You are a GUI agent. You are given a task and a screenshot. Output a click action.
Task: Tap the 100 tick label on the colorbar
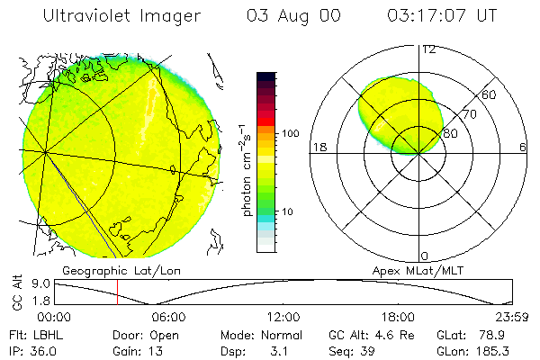click(290, 133)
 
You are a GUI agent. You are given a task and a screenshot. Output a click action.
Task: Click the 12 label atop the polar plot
click(429, 49)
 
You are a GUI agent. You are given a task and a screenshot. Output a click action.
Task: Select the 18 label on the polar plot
click(319, 148)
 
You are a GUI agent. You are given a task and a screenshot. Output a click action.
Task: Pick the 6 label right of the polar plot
click(523, 148)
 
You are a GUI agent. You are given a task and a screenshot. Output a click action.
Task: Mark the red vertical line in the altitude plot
click(117, 292)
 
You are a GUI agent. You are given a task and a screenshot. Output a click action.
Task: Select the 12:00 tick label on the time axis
click(283, 316)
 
